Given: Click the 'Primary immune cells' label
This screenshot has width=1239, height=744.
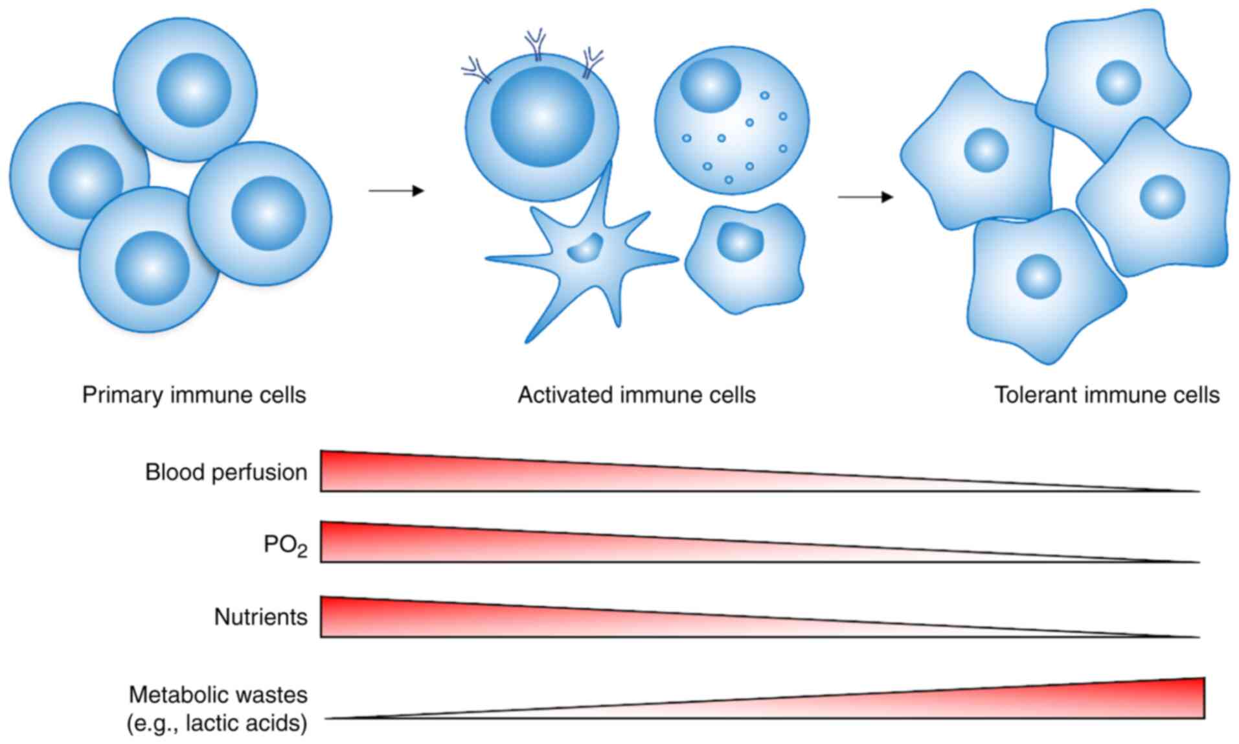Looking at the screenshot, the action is (x=194, y=395).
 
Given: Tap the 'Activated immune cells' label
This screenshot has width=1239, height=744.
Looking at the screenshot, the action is (x=636, y=395).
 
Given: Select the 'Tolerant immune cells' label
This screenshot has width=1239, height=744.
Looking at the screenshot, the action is (x=1107, y=395).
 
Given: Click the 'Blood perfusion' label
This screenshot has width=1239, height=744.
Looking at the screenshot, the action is (x=226, y=472).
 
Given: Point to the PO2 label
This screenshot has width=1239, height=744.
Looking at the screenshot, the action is (x=285, y=545).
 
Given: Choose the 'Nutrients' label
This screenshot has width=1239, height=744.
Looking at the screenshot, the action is (x=260, y=617).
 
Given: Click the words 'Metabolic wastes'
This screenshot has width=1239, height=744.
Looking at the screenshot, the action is (x=218, y=695).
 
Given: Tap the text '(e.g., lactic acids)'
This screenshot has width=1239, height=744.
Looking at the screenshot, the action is (x=216, y=723).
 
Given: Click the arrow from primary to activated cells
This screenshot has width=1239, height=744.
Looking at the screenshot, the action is (x=396, y=191).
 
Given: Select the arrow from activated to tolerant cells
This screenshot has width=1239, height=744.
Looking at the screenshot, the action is (x=865, y=197).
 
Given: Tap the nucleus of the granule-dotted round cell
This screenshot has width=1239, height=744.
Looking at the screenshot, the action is (x=710, y=84).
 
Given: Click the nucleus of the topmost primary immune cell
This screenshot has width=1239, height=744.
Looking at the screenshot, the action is (x=194, y=89).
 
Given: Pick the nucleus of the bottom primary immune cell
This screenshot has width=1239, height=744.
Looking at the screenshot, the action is (x=152, y=266).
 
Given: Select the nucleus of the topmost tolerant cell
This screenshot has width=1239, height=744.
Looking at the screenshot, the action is (x=1119, y=83).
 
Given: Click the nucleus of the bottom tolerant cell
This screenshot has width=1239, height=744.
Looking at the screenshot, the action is (x=1039, y=277).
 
